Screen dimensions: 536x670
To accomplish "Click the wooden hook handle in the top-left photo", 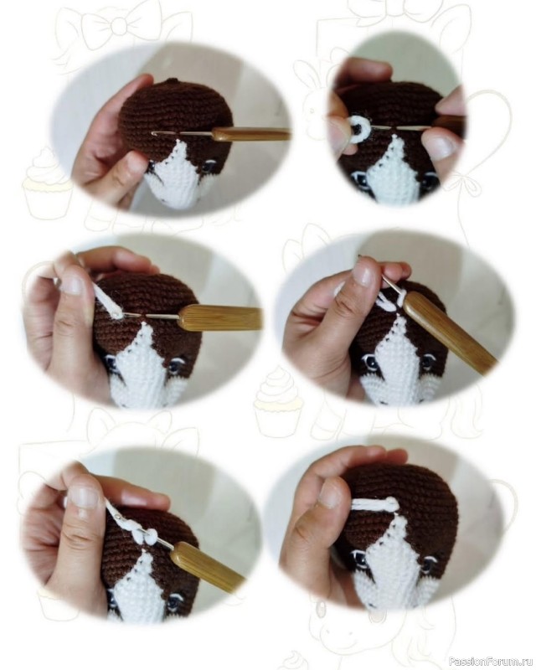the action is coord(251,135).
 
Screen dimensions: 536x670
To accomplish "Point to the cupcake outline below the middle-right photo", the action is coord(278,401).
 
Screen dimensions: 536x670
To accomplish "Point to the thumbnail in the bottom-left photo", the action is coord(83,497).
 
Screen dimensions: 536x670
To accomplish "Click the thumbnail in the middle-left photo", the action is coord(71,285).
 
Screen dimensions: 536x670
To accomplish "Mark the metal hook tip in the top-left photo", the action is coord(154,134).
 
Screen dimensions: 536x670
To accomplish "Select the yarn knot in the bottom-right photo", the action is coord(392,504).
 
